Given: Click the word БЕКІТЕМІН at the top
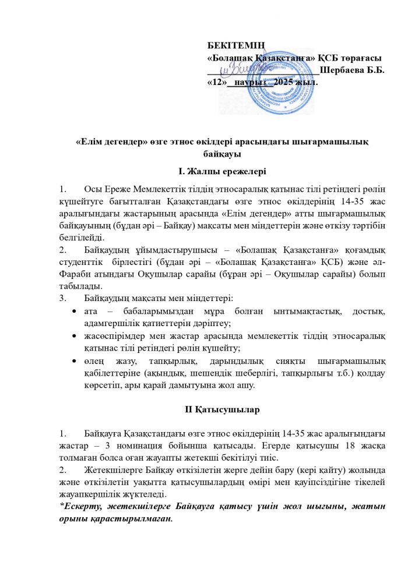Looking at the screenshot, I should point(237,45).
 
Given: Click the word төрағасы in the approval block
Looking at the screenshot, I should point(360,58).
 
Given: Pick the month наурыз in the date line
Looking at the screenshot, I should point(247,83).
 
